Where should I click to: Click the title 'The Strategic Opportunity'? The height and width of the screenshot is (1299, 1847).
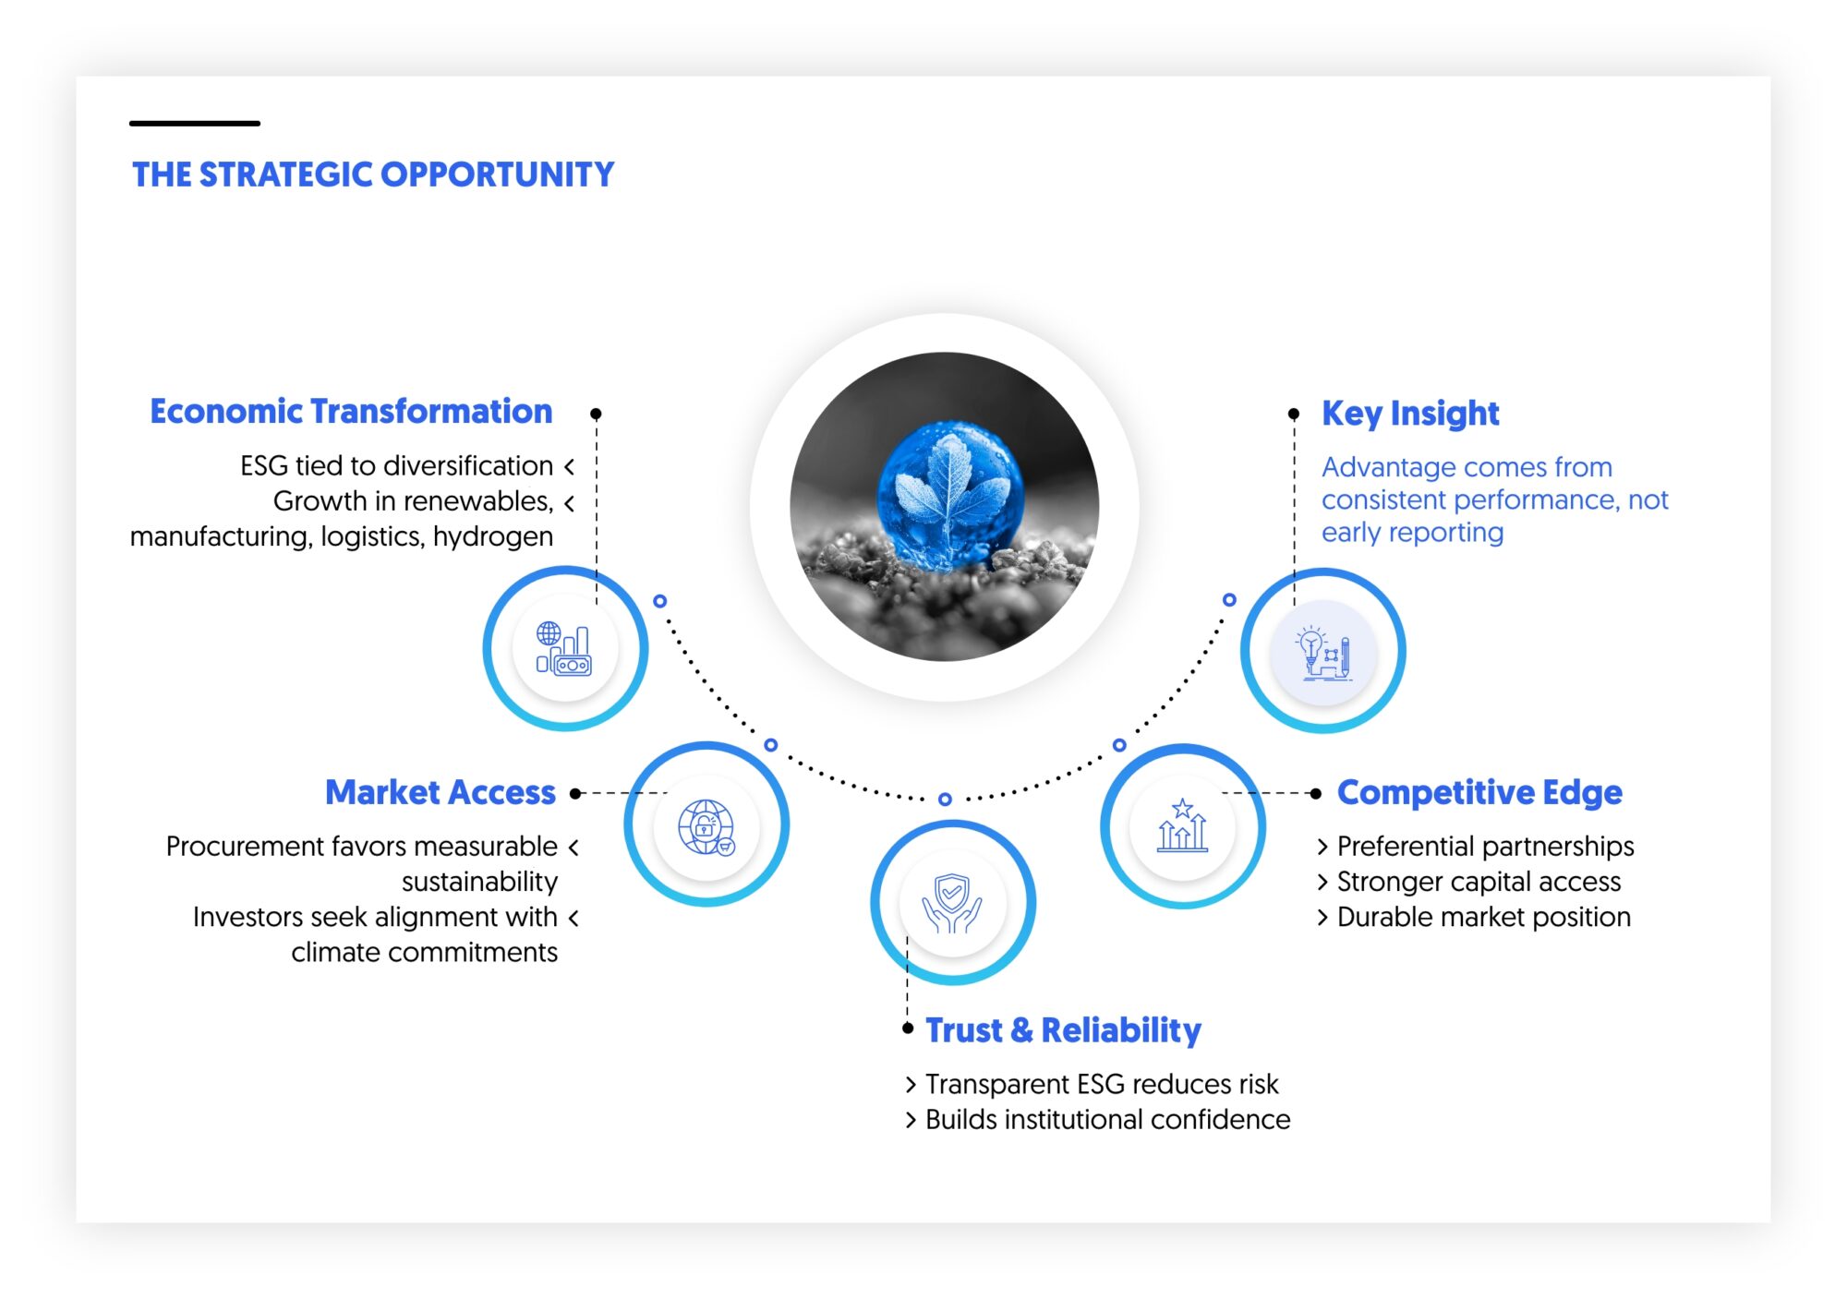pyautogui.click(x=373, y=174)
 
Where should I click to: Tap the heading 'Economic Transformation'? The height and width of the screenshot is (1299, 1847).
pyautogui.click(x=351, y=412)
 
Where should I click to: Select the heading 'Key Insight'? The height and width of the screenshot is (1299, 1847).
pyautogui.click(x=1409, y=414)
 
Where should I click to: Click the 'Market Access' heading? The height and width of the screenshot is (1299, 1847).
pyautogui.click(x=440, y=793)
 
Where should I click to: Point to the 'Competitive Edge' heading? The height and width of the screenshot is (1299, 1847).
pyautogui.click(x=1479, y=793)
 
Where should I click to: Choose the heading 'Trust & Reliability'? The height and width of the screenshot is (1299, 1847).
pyautogui.click(x=1063, y=1030)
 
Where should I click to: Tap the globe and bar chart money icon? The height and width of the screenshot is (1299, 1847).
pyautogui.click(x=564, y=649)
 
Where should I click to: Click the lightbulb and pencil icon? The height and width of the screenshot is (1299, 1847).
pyautogui.click(x=1323, y=653)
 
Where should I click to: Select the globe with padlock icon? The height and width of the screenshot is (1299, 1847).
pyautogui.click(x=706, y=826)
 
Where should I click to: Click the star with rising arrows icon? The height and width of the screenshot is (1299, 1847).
pyautogui.click(x=1182, y=826)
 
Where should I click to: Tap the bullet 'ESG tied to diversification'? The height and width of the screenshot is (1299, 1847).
pyautogui.click(x=397, y=466)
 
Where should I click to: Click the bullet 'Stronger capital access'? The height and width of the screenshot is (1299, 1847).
pyautogui.click(x=1478, y=883)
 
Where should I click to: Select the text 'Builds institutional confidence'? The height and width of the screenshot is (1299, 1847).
pyautogui.click(x=1107, y=1120)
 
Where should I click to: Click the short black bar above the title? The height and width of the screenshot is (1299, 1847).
pyautogui.click(x=195, y=123)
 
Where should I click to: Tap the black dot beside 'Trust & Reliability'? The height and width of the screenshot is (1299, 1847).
pyautogui.click(x=908, y=1028)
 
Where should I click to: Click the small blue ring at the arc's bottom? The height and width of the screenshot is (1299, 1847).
pyautogui.click(x=945, y=800)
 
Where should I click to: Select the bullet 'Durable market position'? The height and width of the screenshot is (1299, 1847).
pyautogui.click(x=1483, y=918)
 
